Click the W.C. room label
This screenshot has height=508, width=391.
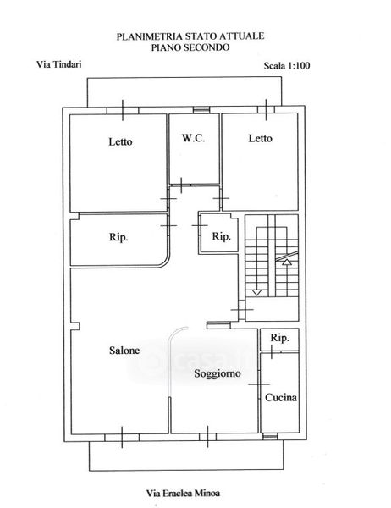click(x=193, y=138)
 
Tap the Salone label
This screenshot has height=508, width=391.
click(x=124, y=351)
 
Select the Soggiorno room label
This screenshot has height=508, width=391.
click(x=218, y=373)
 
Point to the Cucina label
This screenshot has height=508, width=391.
click(x=281, y=398)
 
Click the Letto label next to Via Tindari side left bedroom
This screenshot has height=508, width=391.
click(x=120, y=141)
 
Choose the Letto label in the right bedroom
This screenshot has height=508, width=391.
click(x=260, y=138)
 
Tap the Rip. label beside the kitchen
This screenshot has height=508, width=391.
click(x=279, y=338)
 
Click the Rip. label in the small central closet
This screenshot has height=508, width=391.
click(x=222, y=236)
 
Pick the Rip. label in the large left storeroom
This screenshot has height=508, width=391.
click(x=118, y=237)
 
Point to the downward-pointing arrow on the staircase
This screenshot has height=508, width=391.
click(x=257, y=293)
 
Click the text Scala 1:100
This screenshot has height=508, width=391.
click(x=287, y=66)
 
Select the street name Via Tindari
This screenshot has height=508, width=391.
click(x=58, y=64)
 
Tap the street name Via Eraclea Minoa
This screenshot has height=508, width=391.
click(x=183, y=494)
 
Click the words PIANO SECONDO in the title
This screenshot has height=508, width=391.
click(x=190, y=47)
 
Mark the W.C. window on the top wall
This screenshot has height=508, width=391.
click(x=201, y=110)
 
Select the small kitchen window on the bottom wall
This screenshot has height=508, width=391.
click(x=270, y=437)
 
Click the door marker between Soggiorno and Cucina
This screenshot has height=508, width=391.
click(x=259, y=384)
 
